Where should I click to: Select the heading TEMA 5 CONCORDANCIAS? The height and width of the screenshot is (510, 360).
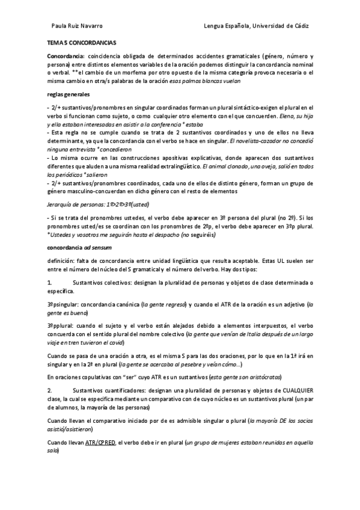click(82, 44)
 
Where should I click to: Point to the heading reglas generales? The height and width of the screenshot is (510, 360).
click(69, 94)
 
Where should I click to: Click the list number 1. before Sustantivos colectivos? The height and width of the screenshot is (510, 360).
click(50, 282)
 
